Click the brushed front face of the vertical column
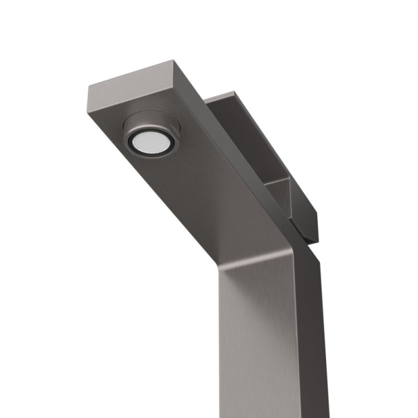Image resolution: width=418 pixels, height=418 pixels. (x=256, y=334)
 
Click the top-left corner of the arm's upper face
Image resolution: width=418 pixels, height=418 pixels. (x=89, y=86)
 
